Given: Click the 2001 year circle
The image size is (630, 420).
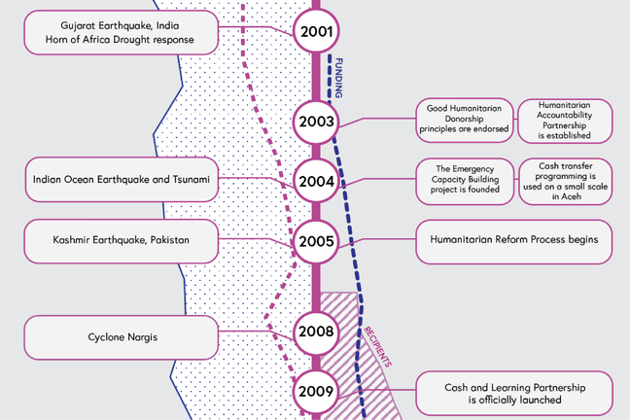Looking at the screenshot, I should (316, 32).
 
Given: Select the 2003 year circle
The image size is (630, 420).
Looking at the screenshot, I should (316, 122).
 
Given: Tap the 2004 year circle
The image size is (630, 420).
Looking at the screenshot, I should (316, 181).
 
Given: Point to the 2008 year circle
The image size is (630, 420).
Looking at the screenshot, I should (316, 332).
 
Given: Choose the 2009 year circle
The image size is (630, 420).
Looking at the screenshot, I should (316, 392).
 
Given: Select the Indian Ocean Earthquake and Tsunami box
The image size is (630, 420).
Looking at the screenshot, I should (121, 180).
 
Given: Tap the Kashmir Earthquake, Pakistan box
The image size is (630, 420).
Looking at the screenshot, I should (121, 240).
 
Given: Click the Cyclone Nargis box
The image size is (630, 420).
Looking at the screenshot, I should (121, 337).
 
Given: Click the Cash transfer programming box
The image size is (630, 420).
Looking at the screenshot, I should (565, 181).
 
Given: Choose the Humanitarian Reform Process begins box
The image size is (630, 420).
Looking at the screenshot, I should (514, 240).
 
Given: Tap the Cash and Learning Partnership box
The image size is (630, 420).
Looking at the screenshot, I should (514, 392).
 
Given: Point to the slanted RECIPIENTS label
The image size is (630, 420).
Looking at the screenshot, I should (376, 346).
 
